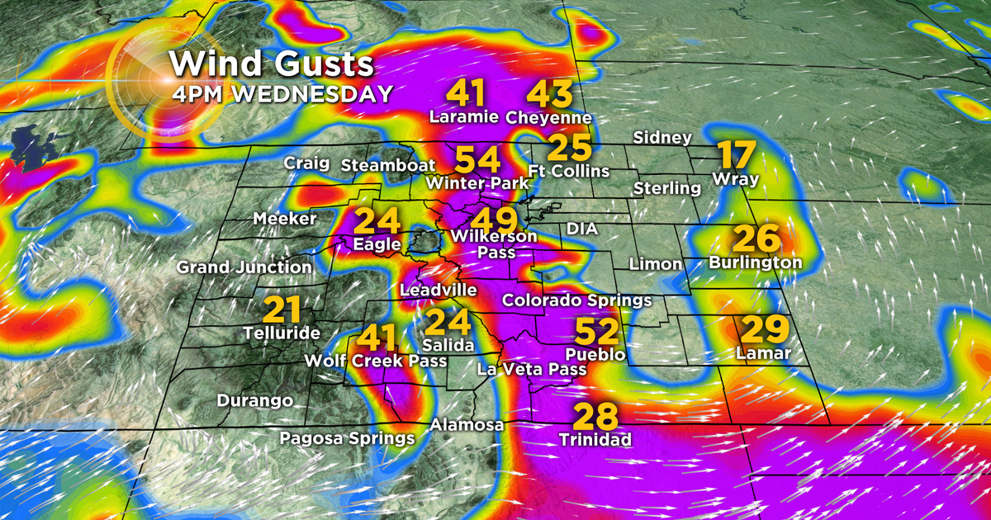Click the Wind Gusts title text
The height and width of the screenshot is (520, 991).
click(272, 64)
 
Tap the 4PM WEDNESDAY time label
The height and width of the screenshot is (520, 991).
click(282, 93)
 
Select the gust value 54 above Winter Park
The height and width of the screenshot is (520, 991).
click(477, 158)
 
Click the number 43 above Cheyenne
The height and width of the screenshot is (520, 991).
click(549, 93)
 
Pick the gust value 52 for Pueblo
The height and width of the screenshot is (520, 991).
click(596, 332)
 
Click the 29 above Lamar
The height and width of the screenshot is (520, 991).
click(763, 329)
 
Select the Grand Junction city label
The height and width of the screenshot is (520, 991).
click(244, 267)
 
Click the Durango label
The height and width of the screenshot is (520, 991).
click(255, 401)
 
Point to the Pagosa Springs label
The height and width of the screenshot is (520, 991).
click(347, 437)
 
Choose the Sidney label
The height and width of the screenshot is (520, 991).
click(662, 138)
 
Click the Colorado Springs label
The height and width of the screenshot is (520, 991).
click(577, 300)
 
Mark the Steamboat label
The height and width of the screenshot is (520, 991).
click(388, 165)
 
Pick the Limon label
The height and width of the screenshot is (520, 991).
click(656, 265)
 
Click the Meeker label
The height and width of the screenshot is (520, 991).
click(285, 219)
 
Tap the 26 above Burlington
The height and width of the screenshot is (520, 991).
click(756, 239)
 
